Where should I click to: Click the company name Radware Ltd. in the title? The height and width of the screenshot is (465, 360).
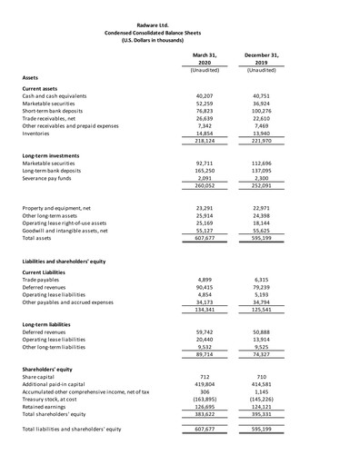[180, 23]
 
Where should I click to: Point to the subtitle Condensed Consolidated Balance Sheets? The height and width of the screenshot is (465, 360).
[180, 30]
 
